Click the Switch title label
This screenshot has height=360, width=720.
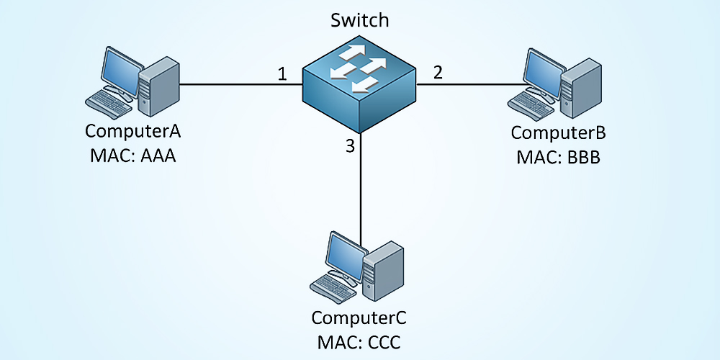(x=360, y=20)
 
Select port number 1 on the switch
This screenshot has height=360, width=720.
(x=282, y=73)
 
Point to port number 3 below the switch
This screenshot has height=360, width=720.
(x=351, y=147)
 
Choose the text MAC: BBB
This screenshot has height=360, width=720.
(x=559, y=156)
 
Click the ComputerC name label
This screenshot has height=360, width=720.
(x=359, y=318)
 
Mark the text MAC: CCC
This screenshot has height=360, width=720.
(x=359, y=341)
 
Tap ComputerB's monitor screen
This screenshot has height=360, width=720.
(x=541, y=71)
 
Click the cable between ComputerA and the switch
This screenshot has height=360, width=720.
(x=238, y=84)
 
